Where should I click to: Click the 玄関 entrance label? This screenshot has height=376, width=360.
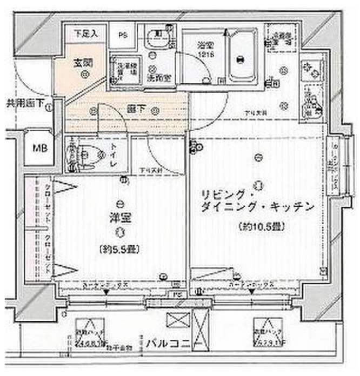(83, 62)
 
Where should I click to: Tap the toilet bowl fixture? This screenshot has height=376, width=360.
(92, 155)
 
